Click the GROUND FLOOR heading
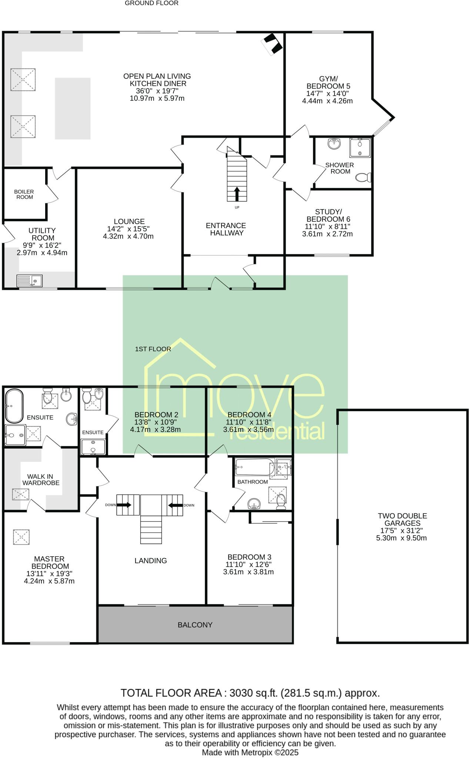click(151, 3)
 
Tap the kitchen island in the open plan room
click(73, 108)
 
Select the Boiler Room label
click(24, 194)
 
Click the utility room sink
click(30, 281)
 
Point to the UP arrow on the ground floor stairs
click(237, 194)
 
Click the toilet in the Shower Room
click(363, 178)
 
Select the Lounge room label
click(129, 222)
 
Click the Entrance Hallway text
click(226, 229)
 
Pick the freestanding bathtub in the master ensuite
click(14, 406)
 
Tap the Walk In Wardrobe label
click(40, 480)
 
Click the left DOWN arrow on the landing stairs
click(124, 505)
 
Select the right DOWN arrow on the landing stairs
click(175, 505)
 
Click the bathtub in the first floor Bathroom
click(254, 467)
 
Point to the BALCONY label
click(195, 625)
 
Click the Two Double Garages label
click(402, 519)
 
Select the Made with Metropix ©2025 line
click(250, 752)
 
